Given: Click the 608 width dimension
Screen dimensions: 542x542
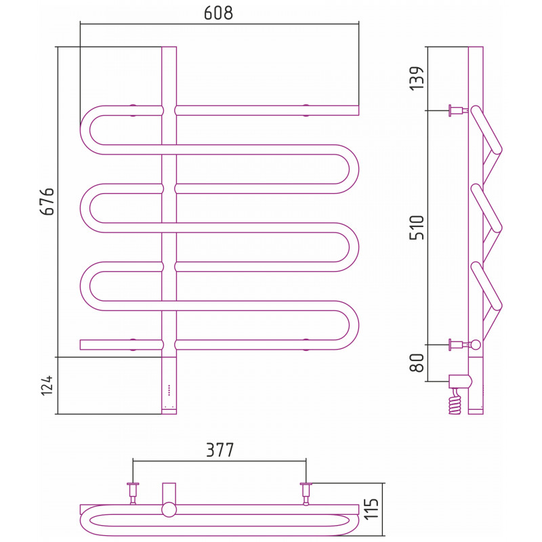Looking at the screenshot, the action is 218,13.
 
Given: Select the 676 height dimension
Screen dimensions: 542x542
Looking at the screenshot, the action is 47,202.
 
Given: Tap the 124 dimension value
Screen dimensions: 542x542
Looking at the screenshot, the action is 47,385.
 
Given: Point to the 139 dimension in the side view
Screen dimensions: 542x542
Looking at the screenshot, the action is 417,79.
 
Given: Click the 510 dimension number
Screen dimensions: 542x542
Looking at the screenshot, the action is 417,228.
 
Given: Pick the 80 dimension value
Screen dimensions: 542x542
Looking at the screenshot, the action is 417,363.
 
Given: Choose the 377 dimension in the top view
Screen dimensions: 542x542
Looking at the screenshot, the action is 220,450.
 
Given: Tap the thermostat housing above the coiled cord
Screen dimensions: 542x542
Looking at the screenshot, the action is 460,381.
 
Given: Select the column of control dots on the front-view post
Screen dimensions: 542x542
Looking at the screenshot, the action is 169,390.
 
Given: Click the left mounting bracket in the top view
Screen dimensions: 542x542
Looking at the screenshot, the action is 133,494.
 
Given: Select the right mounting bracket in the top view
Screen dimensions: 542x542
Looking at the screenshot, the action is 306,494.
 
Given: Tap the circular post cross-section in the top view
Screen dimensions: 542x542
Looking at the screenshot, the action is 169,510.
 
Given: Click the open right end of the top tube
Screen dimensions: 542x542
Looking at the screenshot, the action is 358,110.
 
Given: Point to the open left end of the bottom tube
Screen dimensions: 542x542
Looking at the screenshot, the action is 81,345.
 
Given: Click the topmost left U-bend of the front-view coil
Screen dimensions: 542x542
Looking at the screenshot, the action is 88,130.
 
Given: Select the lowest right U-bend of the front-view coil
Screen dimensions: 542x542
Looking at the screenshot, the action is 350,325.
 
